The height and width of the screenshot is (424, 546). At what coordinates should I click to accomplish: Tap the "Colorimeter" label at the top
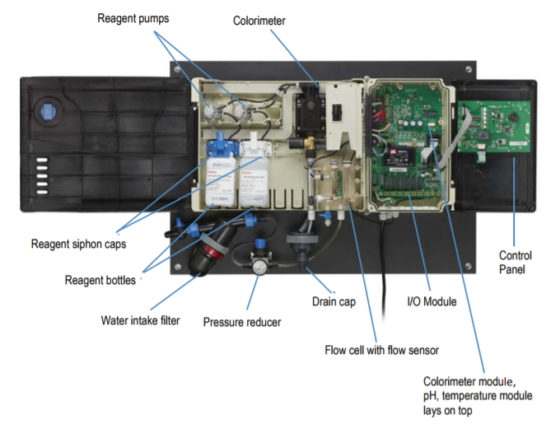coord(259,21)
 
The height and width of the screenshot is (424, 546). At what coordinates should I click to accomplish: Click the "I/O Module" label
coord(431,302)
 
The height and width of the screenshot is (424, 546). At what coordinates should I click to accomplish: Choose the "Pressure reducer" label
coord(241,322)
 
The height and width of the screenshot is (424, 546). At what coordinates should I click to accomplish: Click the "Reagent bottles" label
coord(100,280)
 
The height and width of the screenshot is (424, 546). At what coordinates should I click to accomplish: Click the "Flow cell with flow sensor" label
coord(381,350)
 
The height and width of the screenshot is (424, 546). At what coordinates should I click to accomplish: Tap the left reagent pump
coord(212,107)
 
